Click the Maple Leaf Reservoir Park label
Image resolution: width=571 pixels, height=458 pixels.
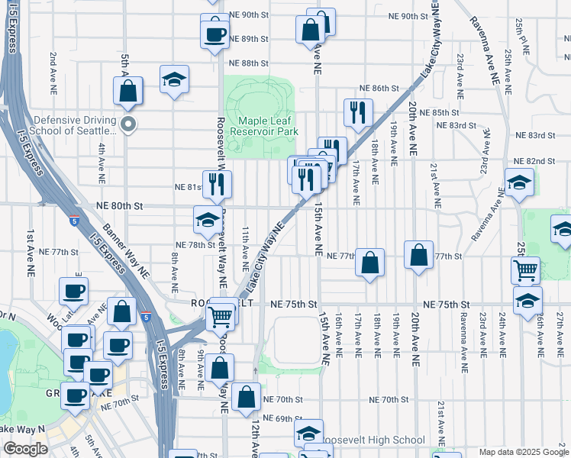267,126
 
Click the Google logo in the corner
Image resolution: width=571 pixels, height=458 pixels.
25,449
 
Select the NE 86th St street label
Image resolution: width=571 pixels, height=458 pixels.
380,89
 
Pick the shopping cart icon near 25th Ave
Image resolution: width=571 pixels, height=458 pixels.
525,269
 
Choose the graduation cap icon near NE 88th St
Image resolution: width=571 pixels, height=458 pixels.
174,78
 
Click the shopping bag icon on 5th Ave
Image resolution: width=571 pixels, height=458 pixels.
128,91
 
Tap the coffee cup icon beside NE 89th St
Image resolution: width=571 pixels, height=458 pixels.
215,33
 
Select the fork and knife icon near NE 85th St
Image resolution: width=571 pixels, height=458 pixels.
358,112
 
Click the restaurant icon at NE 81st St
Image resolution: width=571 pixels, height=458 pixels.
217,183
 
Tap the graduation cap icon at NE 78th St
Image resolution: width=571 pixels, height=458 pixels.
207,220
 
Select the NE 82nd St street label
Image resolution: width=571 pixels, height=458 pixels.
534,161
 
